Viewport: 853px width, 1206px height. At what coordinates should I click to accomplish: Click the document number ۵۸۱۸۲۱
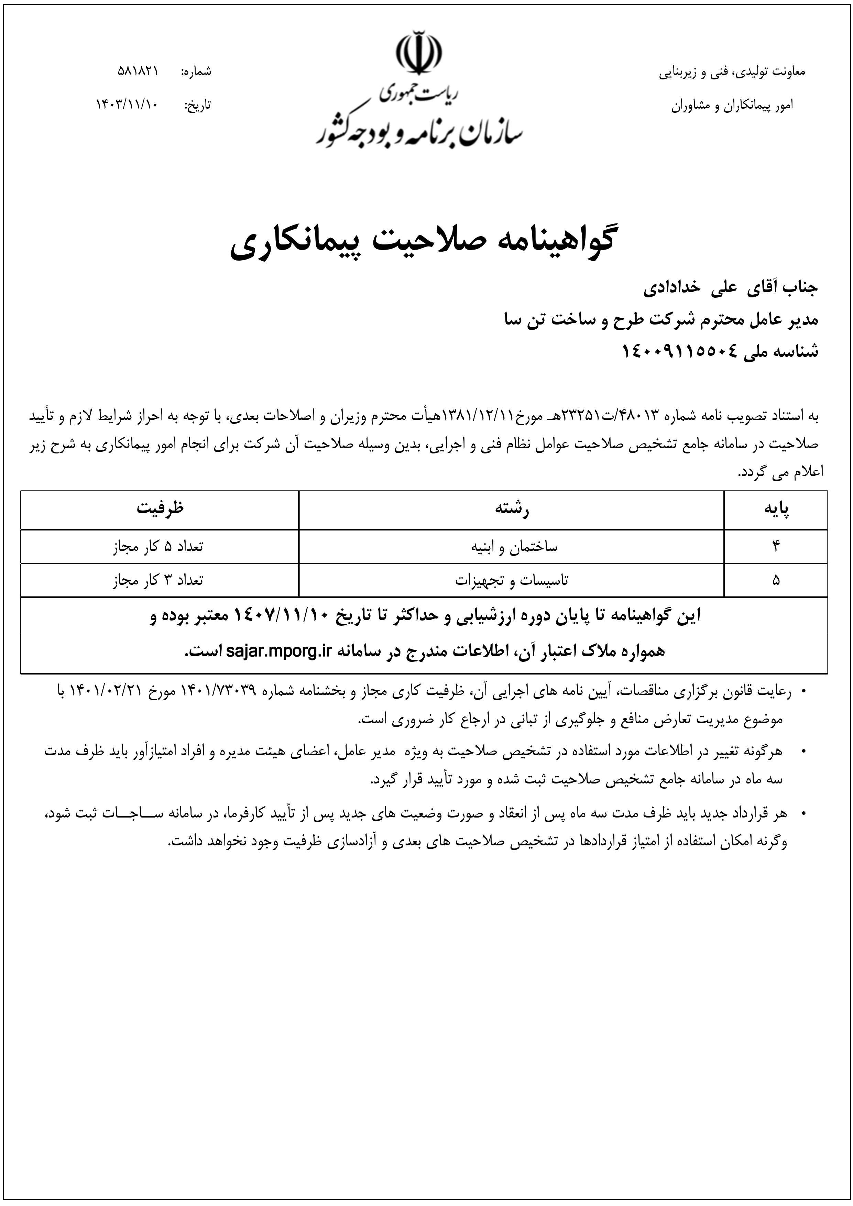(138, 71)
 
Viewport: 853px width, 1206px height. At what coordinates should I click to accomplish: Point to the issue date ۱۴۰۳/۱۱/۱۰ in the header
(126, 105)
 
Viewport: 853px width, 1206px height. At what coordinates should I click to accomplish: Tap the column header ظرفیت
(160, 509)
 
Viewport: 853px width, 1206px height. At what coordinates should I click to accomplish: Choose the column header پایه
(776, 509)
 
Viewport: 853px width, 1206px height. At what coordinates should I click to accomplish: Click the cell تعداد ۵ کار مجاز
(157, 547)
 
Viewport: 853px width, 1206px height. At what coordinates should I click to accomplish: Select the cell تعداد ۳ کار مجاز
(157, 580)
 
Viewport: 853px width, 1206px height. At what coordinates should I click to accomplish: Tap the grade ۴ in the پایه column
(776, 547)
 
